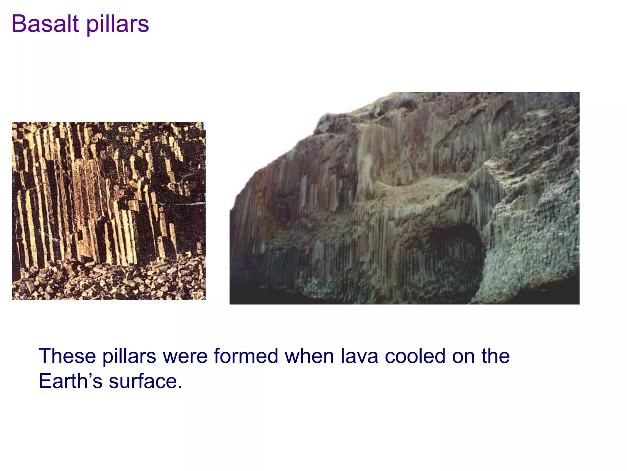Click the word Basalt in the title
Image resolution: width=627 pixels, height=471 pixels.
[46, 24]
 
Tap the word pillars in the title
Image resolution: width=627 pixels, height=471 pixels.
[118, 25]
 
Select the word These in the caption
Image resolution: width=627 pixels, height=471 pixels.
[67, 356]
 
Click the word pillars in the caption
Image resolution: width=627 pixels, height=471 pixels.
[129, 357]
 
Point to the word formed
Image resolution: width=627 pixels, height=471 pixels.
[246, 356]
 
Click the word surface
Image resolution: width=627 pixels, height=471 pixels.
[143, 382]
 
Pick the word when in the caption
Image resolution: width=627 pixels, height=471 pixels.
[309, 356]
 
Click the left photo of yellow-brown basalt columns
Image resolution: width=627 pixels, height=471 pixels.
[109, 196]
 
